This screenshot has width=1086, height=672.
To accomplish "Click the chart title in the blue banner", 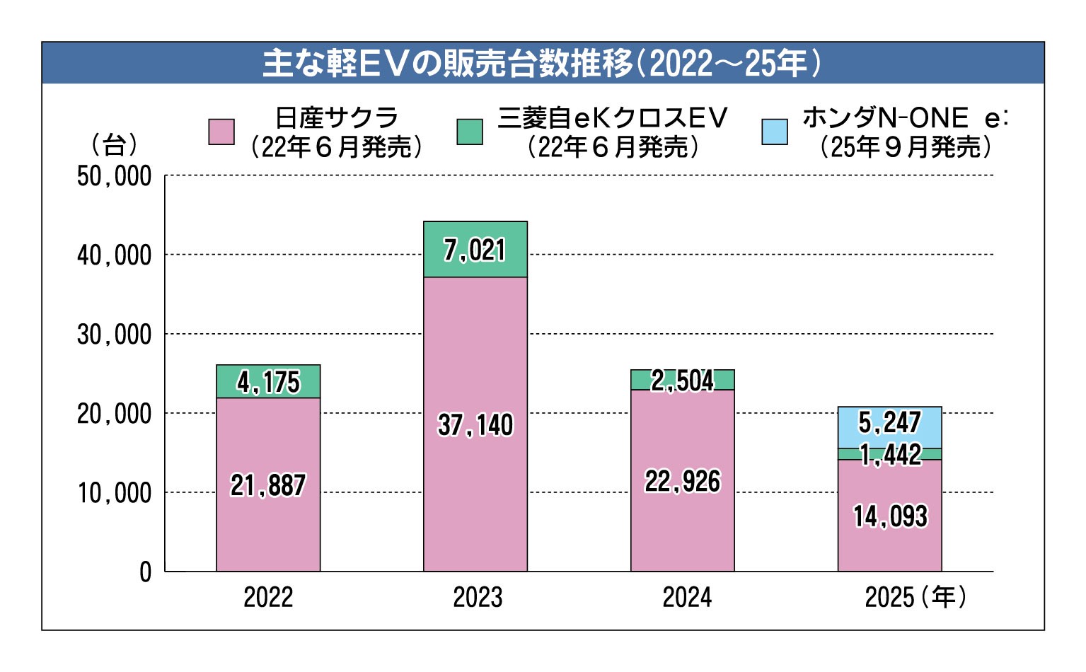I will coord(542,64).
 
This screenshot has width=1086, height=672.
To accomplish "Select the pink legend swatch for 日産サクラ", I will coord(221,132).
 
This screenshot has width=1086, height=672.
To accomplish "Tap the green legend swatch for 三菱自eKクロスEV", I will coord(470,132).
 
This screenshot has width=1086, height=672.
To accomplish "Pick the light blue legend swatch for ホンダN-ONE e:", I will coord(774,132).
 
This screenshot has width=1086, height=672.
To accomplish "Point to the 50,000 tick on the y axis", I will coord(114,176).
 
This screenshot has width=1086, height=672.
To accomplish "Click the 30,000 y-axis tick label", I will coord(114,335).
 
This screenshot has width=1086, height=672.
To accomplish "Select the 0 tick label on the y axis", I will coord(145,572).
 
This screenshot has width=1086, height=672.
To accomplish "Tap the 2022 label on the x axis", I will coord(268,598).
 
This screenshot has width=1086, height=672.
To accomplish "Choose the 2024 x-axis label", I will coord(686,598).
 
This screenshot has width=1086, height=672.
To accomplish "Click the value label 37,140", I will coord(475,425).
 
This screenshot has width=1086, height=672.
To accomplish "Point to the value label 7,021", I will coord(475,250).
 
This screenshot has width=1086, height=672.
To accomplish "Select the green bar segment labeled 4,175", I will coord(268,382).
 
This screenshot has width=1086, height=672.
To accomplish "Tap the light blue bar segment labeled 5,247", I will coord(889,423).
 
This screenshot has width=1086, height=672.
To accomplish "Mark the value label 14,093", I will coord(890,516).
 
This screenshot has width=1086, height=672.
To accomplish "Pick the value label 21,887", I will coord(268,485).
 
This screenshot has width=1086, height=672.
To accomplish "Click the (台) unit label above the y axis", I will coord(114,146).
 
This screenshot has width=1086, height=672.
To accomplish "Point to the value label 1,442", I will coord(890,455).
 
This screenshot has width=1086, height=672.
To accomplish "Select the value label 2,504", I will coord(683,381).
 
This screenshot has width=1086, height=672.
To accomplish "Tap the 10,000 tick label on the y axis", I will coord(114,493).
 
